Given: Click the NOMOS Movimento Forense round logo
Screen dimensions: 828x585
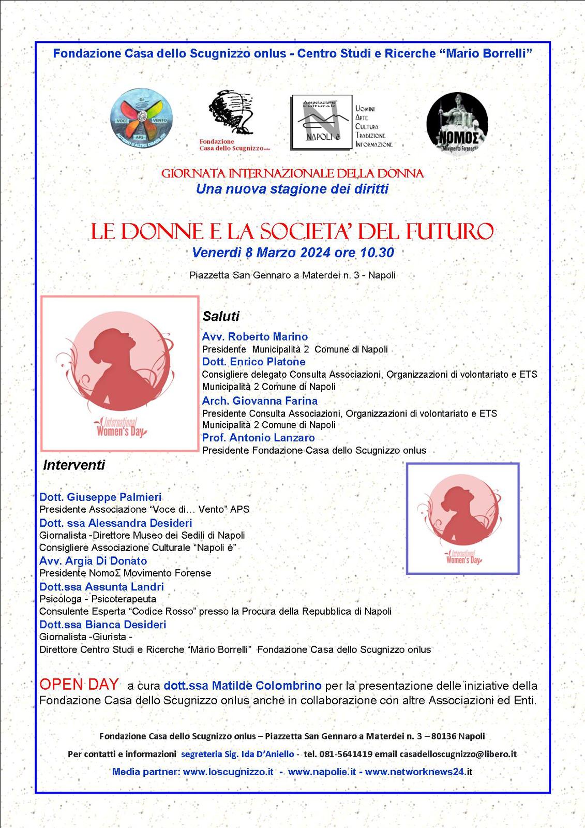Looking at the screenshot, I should point(457,124).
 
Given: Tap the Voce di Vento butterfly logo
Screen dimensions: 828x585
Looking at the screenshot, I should point(141,120).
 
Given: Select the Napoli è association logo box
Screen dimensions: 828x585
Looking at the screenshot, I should point(321,123).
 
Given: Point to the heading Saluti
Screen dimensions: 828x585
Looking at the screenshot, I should point(221,316).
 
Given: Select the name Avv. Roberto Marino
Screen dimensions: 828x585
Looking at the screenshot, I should point(255,337).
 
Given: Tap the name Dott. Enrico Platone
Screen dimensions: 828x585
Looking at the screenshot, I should point(253,362).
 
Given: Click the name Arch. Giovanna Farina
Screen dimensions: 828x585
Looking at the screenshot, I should point(260,401).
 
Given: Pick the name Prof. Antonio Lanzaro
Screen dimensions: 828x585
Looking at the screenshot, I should point(258,438).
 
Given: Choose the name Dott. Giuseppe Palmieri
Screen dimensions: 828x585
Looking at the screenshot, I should point(100,497).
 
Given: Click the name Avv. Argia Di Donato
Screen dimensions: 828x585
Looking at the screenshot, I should point(93,561).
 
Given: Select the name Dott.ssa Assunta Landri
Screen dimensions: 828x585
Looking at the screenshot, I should point(101,586).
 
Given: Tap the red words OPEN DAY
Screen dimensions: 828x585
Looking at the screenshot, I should point(79,685).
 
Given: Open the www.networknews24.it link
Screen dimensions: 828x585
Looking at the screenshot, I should point(418,772).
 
